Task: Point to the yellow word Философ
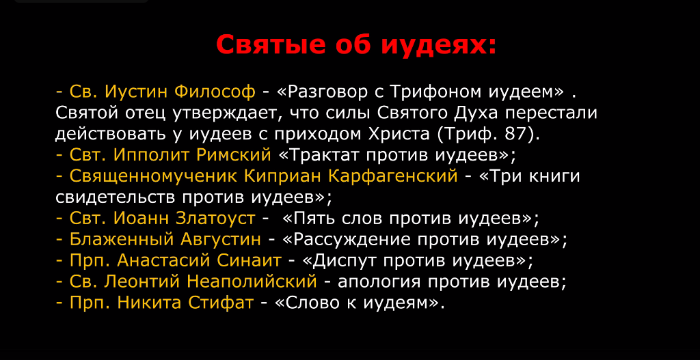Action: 215,92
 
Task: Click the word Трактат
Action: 319,155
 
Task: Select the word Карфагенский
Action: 393,176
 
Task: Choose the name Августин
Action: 221,240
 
